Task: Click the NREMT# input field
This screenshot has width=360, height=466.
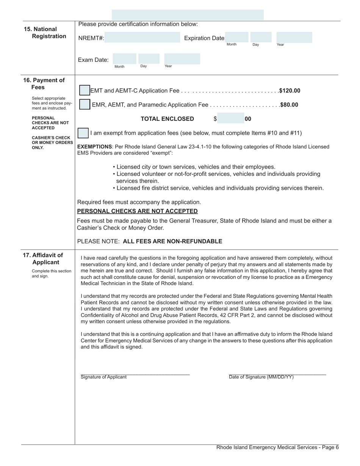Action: (x=142, y=38)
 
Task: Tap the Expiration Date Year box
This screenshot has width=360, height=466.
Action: (x=294, y=37)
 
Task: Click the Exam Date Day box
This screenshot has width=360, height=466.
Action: (x=149, y=59)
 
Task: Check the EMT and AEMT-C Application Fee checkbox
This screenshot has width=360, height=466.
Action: (x=85, y=91)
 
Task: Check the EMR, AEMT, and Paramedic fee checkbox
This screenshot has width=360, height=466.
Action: (x=85, y=105)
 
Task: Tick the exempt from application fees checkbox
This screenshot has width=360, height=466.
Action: (x=83, y=133)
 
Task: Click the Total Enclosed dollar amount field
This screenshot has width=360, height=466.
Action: (x=230, y=119)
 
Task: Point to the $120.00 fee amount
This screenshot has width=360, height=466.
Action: (x=290, y=91)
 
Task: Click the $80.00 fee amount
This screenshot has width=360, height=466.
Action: (x=289, y=105)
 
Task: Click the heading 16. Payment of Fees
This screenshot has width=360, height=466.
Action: (x=44, y=84)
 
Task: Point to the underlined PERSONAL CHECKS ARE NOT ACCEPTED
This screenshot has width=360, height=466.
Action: (x=137, y=211)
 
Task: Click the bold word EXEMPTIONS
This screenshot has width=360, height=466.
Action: (x=94, y=147)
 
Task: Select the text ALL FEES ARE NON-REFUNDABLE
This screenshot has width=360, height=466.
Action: (x=173, y=241)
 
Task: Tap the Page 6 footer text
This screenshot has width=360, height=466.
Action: (x=277, y=447)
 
